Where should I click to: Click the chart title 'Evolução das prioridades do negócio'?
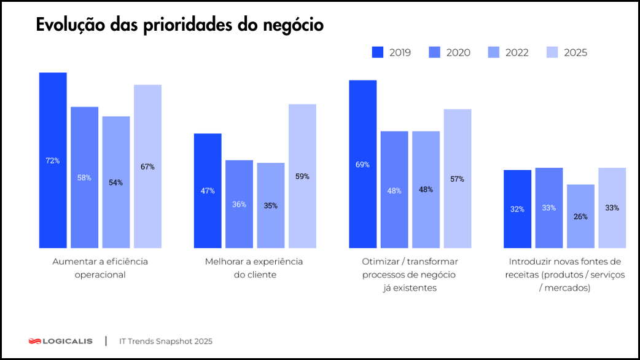pyautogui.click(x=180, y=25)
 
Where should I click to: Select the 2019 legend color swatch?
pyautogui.click(x=378, y=52)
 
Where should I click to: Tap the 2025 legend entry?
pyautogui.click(x=566, y=52)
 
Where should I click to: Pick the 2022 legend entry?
pyautogui.click(x=508, y=52)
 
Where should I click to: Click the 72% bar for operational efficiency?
pyautogui.click(x=53, y=160)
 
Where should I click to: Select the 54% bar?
pyautogui.click(x=116, y=182)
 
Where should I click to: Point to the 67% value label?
pyautogui.click(x=147, y=166)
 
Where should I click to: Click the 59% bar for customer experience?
pyautogui.click(x=302, y=176)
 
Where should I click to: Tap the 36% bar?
pyautogui.click(x=239, y=204)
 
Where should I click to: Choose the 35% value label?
pyautogui.click(x=270, y=206)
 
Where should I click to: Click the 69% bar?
pyautogui.click(x=362, y=164)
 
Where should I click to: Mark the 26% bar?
pyautogui.click(x=580, y=216)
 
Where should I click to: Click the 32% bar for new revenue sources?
pyautogui.click(x=517, y=209)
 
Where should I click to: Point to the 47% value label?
pyautogui.click(x=208, y=191)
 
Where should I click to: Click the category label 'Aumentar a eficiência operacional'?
pyautogui.click(x=100, y=268)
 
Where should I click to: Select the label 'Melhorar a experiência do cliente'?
pyautogui.click(x=254, y=268)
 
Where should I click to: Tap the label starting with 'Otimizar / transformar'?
pyautogui.click(x=410, y=275)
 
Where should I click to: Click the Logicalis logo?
pyautogui.click(x=61, y=341)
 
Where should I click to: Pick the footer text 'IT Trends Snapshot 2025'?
pyautogui.click(x=166, y=341)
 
